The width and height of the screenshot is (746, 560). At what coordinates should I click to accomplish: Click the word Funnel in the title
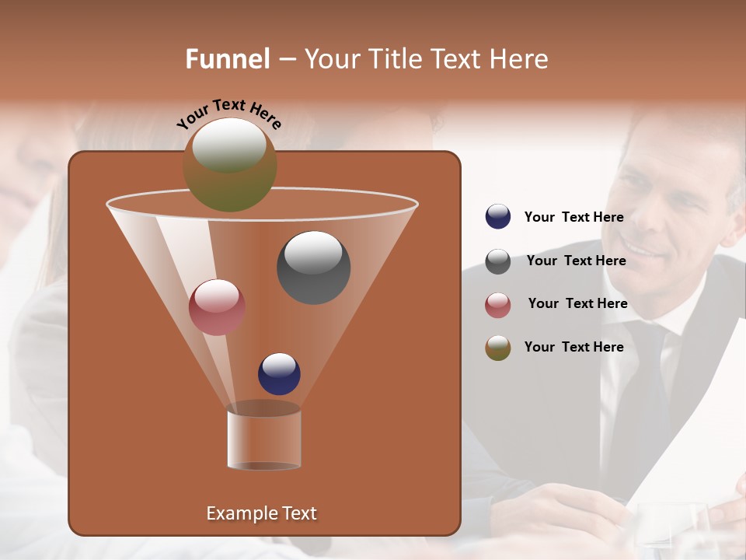pos(227,59)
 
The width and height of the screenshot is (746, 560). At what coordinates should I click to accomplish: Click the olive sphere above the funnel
pos(230,165)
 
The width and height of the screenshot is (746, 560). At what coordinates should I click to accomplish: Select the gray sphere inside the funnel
pos(313,267)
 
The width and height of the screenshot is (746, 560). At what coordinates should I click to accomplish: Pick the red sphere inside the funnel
pos(217,307)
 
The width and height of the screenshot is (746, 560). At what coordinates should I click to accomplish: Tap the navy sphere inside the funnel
pos(279,373)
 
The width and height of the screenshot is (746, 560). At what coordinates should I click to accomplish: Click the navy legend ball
pos(498,217)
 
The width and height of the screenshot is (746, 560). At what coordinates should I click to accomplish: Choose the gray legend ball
pos(498,261)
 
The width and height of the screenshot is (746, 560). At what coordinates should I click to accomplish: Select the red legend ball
pos(498,305)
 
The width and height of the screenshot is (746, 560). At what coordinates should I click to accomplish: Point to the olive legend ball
pos(498,348)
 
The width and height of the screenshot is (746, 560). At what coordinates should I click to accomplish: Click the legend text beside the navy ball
pos(573,218)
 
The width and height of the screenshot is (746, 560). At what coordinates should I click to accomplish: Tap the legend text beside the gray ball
pos(576,261)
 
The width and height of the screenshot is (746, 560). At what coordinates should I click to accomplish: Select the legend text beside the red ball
pos(577,304)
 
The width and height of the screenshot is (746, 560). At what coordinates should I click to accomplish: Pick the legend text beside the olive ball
pos(573,347)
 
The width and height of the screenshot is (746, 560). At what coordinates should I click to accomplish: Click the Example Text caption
pos(261,513)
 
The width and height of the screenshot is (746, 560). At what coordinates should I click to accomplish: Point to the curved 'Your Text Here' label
pos(228,114)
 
